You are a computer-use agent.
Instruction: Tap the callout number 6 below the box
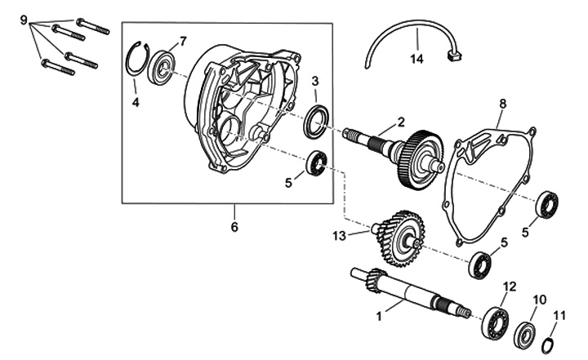pos(234,226)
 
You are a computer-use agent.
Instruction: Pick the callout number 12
pos(510,286)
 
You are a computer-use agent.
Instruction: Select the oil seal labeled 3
pos(317,121)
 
